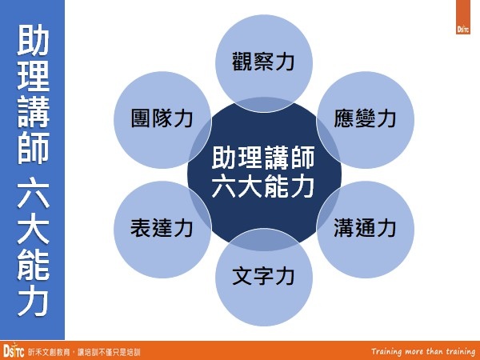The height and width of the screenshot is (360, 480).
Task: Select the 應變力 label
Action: (365, 118)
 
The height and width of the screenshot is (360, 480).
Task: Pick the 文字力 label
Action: (263, 278)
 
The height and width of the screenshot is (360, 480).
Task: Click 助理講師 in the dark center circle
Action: (263, 158)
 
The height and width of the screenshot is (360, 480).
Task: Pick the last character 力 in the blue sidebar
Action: (32, 301)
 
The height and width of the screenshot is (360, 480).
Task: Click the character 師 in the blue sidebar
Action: (32, 149)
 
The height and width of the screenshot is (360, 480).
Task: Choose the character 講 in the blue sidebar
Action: (32, 114)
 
